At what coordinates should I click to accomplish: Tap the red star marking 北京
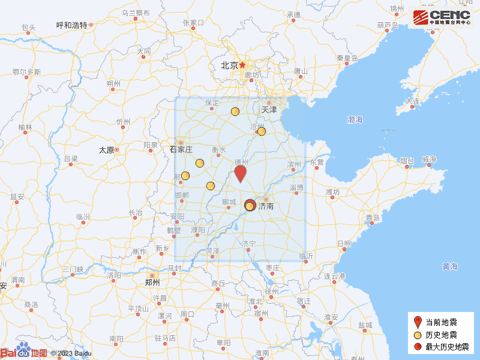tap(242, 65)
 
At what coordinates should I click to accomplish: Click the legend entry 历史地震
tap(441, 335)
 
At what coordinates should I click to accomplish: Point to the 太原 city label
tap(106, 150)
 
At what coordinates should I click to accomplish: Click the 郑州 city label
tap(152, 282)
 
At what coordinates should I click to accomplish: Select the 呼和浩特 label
tap(71, 25)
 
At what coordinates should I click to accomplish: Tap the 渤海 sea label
tap(355, 120)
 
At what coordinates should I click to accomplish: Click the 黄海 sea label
tap(450, 266)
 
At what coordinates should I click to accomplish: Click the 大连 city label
tap(413, 101)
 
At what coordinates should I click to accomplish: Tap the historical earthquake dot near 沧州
tap(261, 131)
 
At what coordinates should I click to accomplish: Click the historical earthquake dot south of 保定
tap(235, 111)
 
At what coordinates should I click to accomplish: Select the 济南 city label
tap(266, 206)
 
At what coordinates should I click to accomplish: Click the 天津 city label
tap(269, 110)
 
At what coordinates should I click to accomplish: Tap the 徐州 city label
tap(272, 292)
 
